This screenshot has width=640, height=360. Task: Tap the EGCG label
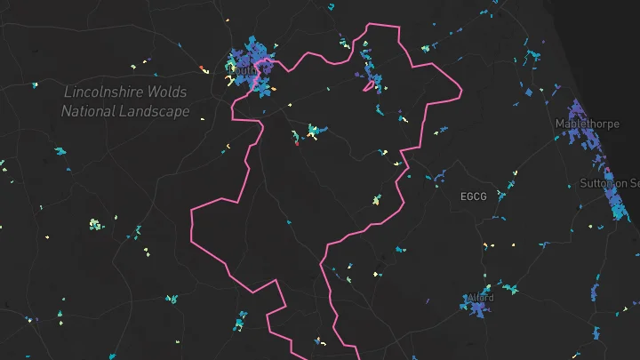474,196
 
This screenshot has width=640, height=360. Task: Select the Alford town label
481,298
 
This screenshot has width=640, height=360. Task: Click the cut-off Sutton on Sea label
609,183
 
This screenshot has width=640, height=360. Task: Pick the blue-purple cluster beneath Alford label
479,309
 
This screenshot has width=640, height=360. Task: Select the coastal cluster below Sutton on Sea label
617,204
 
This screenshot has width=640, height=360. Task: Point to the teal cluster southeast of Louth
314,132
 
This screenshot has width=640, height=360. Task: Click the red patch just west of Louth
203,66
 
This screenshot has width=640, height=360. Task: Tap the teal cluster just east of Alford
509,289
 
